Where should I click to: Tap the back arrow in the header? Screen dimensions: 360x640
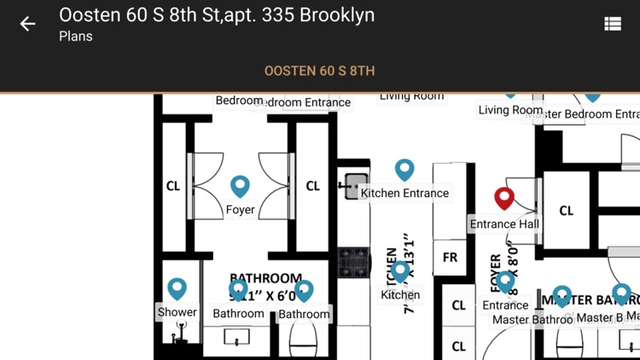28,24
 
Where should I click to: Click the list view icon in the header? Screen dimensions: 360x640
613,24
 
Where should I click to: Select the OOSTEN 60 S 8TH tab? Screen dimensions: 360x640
319,71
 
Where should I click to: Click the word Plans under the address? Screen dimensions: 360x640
76,37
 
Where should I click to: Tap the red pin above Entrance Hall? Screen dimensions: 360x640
504,198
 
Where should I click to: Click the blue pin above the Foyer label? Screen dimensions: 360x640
241,185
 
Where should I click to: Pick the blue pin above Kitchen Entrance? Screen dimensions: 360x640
404,169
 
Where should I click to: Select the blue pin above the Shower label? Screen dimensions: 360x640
177,288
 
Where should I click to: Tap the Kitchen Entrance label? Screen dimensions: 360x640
404,193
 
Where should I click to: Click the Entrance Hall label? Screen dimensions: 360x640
504,224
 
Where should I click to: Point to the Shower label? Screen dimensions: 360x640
177,312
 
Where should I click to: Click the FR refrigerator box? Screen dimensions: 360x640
450,257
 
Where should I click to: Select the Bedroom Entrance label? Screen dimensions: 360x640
303,102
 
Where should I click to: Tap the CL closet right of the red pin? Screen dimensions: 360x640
567,211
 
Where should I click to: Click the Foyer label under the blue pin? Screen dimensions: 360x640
241,209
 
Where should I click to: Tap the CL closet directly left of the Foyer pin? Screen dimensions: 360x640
173,186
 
